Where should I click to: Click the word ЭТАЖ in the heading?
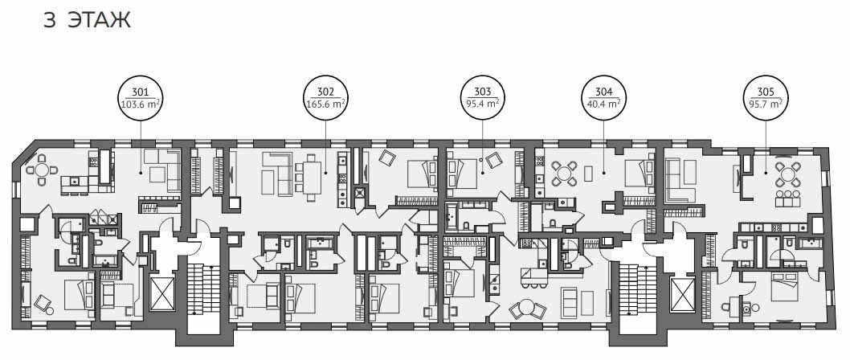(x=99, y=19)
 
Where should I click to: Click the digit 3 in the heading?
(x=50, y=19)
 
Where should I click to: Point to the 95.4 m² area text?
(x=483, y=103)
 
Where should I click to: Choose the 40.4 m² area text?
(x=603, y=103)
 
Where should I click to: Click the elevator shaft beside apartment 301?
(x=162, y=293)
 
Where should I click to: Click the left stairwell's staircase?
(x=203, y=289)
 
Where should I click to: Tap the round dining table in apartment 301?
(x=41, y=170)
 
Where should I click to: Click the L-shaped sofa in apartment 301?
(x=162, y=170)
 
